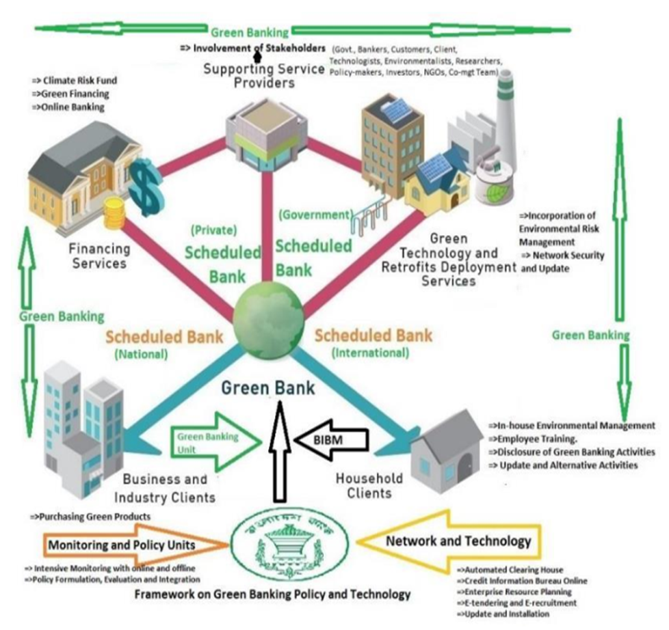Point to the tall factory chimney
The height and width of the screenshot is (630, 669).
coord(504,116)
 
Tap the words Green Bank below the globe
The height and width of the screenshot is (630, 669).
coord(268,388)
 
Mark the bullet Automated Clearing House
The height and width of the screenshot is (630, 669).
coord(513,570)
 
